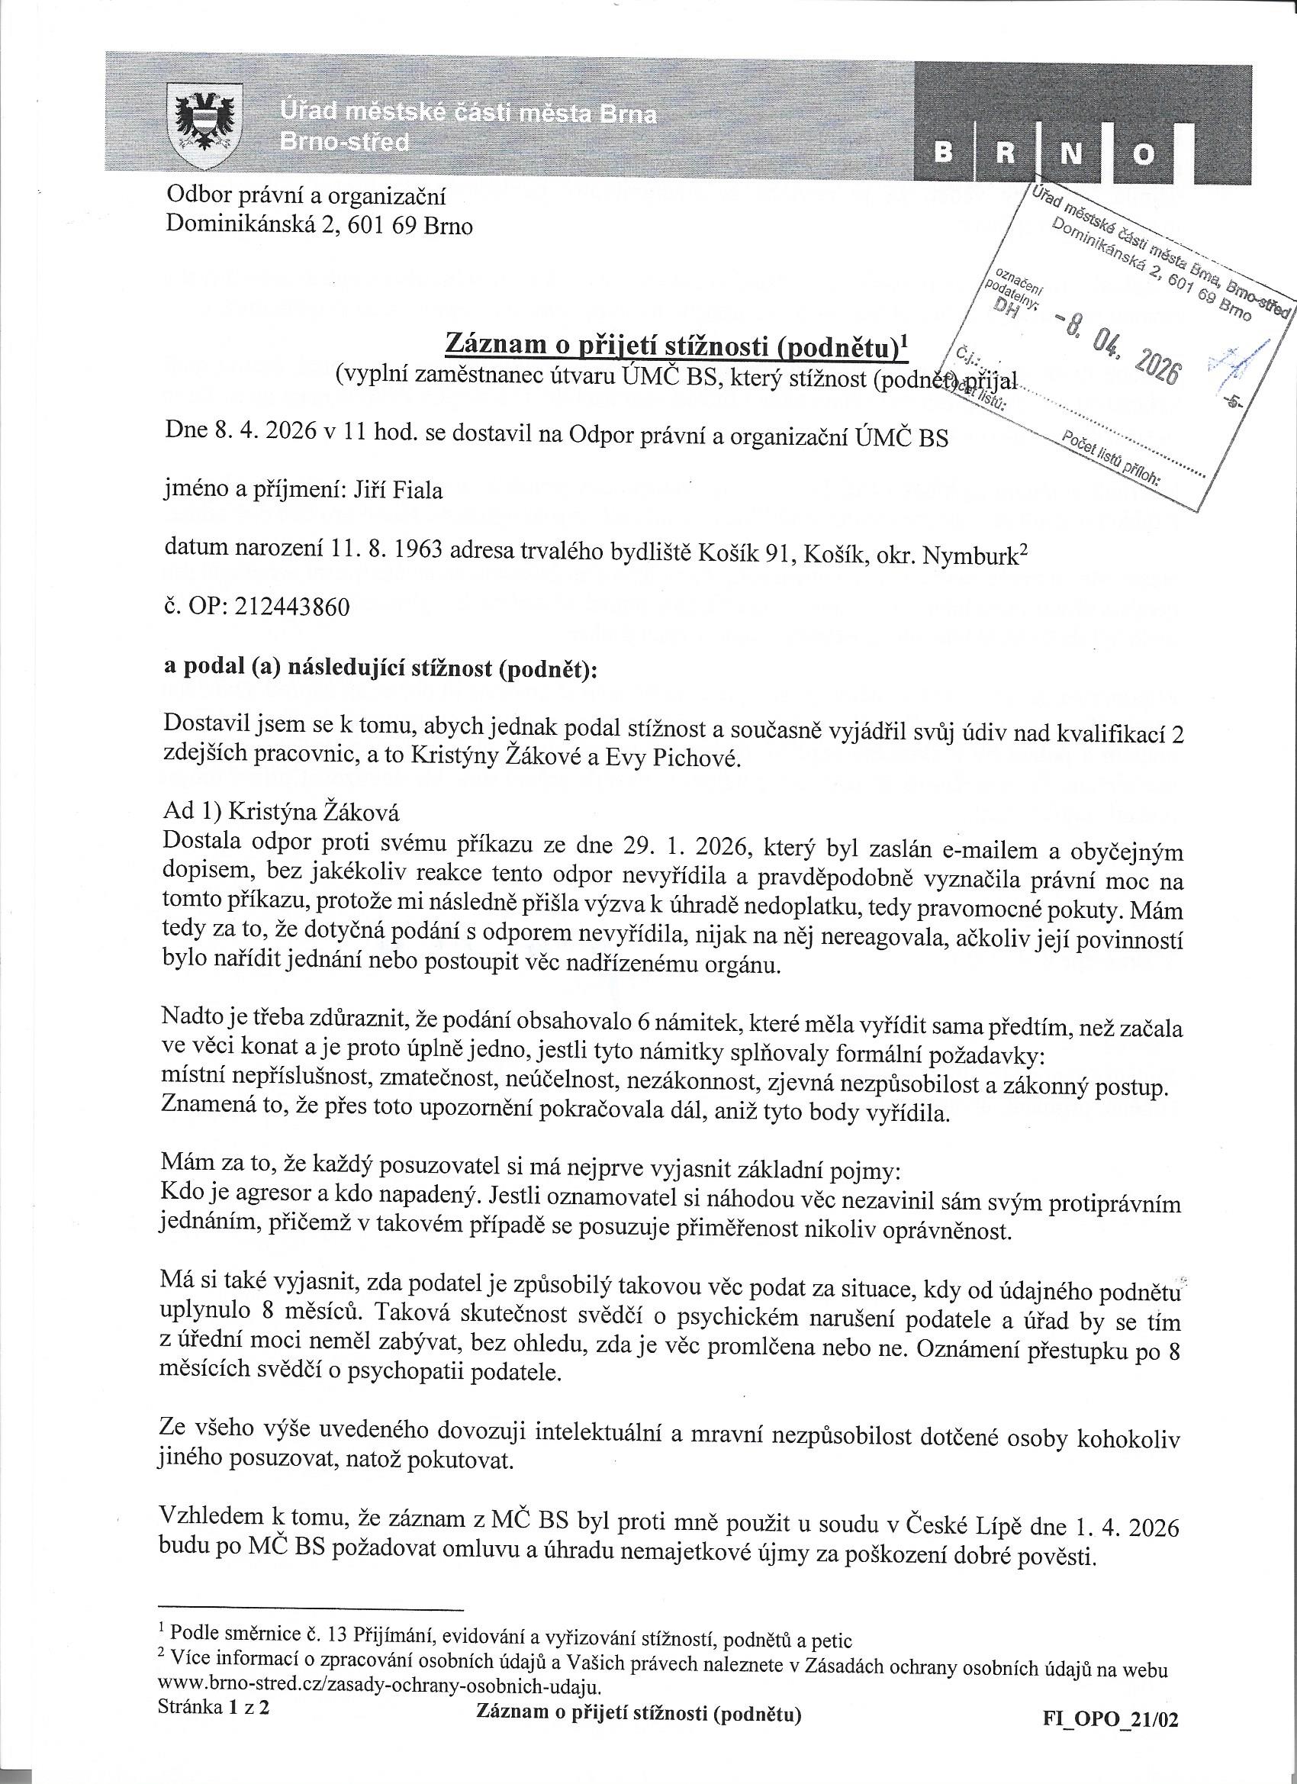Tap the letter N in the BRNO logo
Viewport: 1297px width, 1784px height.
click(1070, 153)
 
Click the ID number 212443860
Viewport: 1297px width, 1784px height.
click(291, 608)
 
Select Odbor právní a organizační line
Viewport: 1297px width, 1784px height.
click(306, 196)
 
